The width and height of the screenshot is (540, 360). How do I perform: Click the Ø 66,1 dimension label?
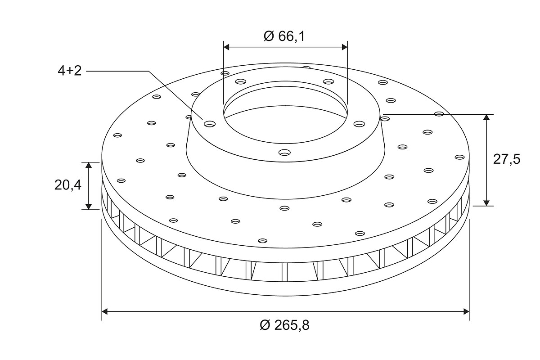(284, 36)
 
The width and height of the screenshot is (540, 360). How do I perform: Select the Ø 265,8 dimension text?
(284, 325)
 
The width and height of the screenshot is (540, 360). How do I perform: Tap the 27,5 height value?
(507, 159)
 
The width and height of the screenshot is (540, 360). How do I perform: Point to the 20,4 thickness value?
(68, 185)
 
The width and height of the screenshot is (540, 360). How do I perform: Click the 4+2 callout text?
(70, 71)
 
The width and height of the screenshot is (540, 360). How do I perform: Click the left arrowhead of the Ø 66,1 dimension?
(226, 47)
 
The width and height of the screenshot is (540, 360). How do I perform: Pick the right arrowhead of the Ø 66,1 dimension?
(345, 47)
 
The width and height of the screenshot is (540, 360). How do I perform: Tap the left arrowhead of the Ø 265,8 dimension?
(104, 311)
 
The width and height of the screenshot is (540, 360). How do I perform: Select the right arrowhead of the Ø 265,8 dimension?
(467, 311)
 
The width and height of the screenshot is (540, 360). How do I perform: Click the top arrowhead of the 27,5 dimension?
(487, 117)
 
